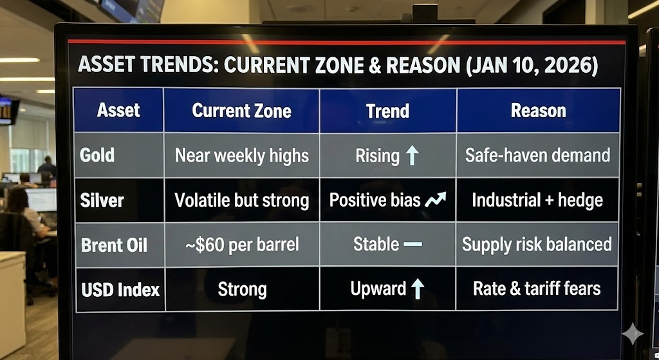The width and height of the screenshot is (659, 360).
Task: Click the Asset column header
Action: (118, 110)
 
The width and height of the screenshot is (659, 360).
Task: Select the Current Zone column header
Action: (242, 111)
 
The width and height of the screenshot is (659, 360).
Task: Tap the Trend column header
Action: (387, 111)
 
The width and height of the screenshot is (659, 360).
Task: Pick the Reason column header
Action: (539, 111)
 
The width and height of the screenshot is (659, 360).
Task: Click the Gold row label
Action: (97, 155)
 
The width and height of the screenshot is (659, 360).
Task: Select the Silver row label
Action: (102, 200)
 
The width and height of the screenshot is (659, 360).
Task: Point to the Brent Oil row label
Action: (114, 245)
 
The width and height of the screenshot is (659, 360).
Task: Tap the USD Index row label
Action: (120, 290)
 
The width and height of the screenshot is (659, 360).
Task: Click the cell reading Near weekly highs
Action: (242, 156)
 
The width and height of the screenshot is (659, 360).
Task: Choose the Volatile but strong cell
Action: (242, 200)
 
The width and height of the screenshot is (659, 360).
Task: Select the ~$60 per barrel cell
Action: (242, 245)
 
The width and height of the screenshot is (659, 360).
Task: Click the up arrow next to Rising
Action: (412, 155)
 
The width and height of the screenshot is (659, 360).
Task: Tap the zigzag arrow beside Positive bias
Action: (435, 200)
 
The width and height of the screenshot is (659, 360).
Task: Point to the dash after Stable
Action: (413, 244)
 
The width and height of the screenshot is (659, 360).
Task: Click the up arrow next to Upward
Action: (417, 289)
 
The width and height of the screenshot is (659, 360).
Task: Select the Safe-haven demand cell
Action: (537, 155)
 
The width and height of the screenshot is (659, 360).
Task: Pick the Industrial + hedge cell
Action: (537, 200)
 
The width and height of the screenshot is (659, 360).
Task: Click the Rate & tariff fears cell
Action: (537, 289)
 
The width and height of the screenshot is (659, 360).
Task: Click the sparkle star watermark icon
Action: (633, 334)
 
